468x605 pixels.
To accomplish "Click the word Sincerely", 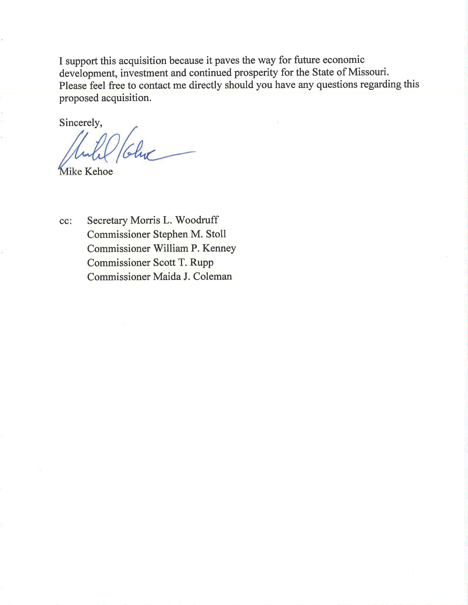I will pos(80,123).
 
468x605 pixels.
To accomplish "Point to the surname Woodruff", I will pos(197,220).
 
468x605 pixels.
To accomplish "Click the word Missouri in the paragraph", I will pos(369,72).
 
